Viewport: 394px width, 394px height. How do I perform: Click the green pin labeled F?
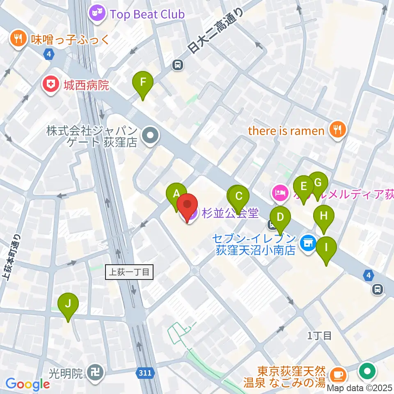point(143,82)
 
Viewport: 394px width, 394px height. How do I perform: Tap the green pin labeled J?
point(68,304)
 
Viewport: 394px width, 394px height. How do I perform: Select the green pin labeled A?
point(176,194)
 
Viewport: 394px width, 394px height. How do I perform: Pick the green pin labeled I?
point(326,248)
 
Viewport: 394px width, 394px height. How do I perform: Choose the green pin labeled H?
point(324,216)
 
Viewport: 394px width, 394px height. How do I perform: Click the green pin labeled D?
point(280,217)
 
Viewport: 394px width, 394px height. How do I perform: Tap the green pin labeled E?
point(304,187)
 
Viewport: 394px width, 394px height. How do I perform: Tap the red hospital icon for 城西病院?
point(50,85)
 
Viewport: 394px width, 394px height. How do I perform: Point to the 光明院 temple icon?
point(96,373)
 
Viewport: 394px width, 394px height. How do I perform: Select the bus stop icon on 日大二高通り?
point(177,64)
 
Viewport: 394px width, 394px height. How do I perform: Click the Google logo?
point(27,384)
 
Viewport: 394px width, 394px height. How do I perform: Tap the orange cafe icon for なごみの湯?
point(338,374)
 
